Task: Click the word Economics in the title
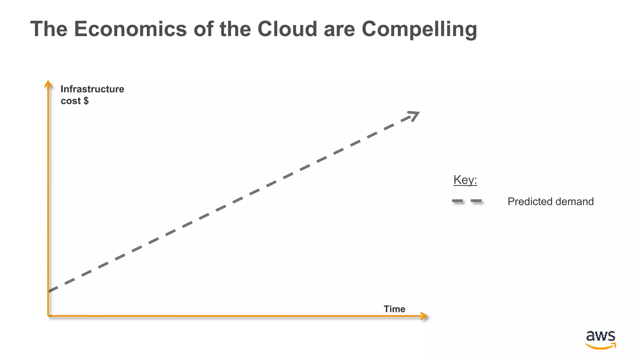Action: tap(130, 29)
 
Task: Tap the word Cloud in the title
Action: tap(287, 29)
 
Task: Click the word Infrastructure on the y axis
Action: tap(92, 89)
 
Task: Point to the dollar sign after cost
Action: tap(86, 101)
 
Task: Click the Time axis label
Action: tap(394, 309)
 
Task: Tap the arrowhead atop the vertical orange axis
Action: tap(48, 84)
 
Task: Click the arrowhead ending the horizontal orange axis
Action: tap(425, 316)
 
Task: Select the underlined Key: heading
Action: tap(465, 180)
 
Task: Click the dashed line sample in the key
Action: tap(467, 202)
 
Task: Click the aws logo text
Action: tap(600, 336)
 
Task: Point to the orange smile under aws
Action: tap(600, 346)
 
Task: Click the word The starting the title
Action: tap(49, 29)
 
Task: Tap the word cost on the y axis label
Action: tap(71, 101)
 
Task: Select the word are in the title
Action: tap(339, 29)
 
